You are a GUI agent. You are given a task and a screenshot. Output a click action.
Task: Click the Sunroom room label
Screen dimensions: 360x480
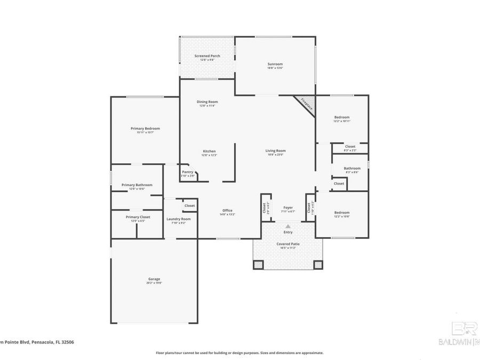tap(275, 65)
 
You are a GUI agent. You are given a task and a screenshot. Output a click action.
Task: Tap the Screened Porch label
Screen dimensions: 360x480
tap(207, 56)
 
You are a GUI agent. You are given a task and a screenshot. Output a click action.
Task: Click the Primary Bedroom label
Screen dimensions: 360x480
tap(145, 129)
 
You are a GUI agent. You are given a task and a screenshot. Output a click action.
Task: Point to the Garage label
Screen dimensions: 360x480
tap(154, 279)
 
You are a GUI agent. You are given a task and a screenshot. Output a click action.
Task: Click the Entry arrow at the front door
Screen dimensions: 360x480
tap(288, 226)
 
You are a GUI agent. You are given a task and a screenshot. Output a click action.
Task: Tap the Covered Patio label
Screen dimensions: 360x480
tap(288, 244)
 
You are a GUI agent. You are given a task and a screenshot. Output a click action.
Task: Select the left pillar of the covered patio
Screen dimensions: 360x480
tap(258, 264)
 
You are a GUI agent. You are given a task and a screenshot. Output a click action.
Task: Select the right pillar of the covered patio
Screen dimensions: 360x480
tap(318, 264)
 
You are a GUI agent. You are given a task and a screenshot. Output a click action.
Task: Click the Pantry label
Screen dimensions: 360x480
tap(188, 172)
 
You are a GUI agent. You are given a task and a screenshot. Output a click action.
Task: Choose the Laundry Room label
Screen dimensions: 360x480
tap(178, 219)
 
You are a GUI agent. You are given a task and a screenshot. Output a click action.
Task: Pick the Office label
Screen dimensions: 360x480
tap(227, 211)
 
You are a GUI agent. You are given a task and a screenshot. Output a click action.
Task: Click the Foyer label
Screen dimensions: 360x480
tap(288, 207)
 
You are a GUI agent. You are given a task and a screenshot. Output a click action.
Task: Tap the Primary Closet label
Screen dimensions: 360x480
tap(138, 217)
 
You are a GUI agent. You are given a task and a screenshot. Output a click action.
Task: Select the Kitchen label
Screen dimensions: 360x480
tap(209, 151)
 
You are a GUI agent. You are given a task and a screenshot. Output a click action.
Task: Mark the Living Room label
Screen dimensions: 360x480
tap(276, 151)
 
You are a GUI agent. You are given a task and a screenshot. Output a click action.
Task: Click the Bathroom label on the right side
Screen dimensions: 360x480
tap(352, 169)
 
